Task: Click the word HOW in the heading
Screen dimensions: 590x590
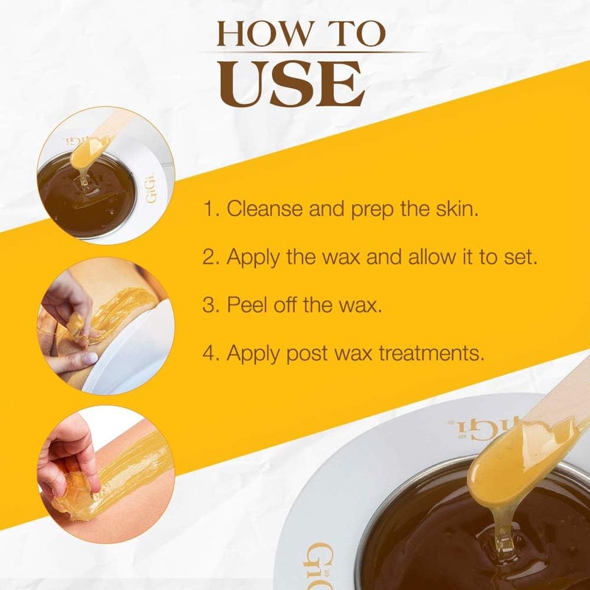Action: [x=264, y=34]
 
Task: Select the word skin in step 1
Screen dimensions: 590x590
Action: [x=457, y=209]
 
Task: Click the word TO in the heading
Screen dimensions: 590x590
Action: [x=353, y=34]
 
